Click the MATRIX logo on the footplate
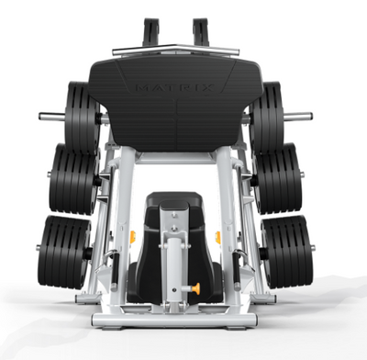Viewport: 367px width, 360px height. coord(174,88)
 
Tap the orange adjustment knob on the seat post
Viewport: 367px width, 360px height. coord(196,288)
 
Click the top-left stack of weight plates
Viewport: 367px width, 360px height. coord(82,118)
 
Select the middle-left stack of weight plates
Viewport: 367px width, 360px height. coord(74,179)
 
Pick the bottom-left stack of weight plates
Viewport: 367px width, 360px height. coord(64,253)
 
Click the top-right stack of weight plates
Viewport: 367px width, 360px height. coord(266,118)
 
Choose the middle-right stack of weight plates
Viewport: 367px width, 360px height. coord(277,178)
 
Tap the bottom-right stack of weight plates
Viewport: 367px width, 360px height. coord(287,252)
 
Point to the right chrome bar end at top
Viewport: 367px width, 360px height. coord(298,117)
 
